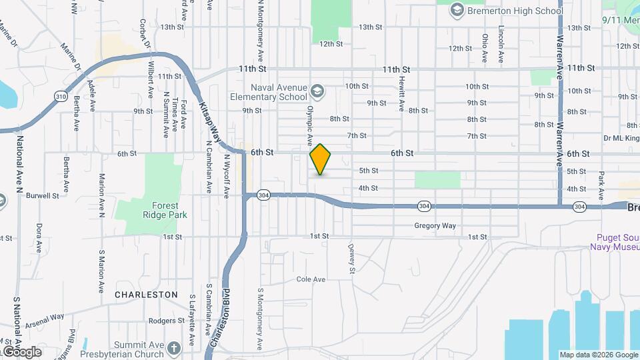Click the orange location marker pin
point(321,159)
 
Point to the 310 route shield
point(61,96)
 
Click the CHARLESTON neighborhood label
point(146,294)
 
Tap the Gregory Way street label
point(435,226)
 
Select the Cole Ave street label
point(310,279)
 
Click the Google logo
point(21,351)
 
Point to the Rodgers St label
point(167,321)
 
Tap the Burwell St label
point(43,196)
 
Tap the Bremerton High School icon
point(457,10)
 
